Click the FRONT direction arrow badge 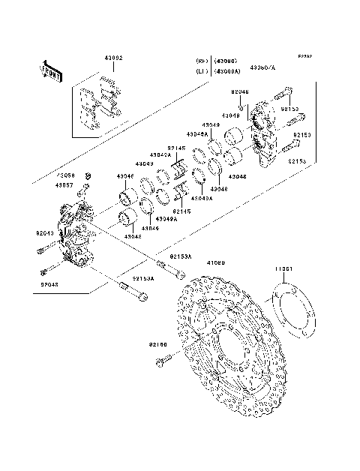(49, 70)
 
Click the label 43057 (66, 184)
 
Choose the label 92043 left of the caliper (44, 232)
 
